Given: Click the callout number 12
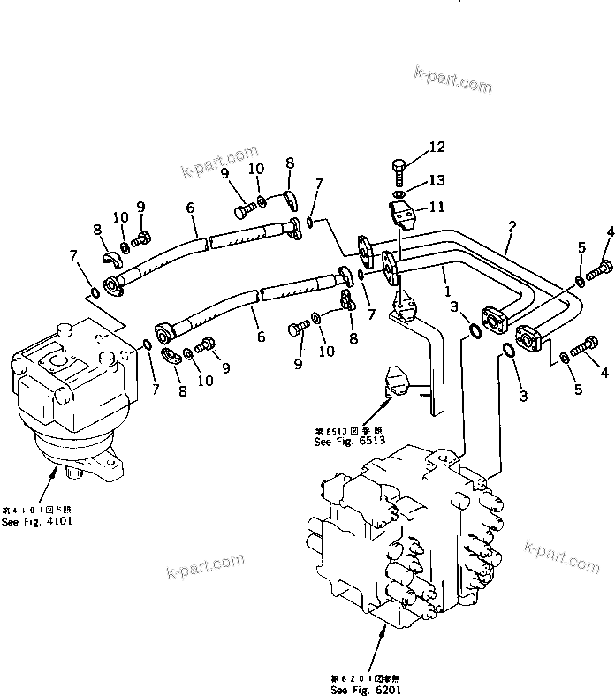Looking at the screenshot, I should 438,148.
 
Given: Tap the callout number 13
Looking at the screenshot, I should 438,180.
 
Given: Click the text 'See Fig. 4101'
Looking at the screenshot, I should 37,521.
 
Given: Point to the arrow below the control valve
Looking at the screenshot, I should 382,629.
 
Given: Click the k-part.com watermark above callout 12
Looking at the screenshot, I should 453,79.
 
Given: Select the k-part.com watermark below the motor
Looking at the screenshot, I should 203,566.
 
